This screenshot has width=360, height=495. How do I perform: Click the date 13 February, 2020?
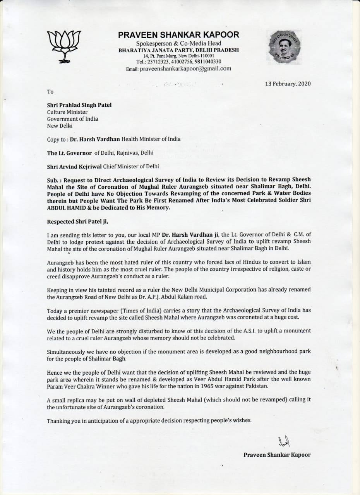click(288, 84)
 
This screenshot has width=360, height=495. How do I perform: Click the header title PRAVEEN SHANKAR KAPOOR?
click(178, 35)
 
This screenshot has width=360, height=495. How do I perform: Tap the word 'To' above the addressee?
click(50, 92)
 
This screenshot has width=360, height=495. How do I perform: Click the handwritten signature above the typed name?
click(284, 441)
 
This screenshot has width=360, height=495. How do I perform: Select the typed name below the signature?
click(277, 455)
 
